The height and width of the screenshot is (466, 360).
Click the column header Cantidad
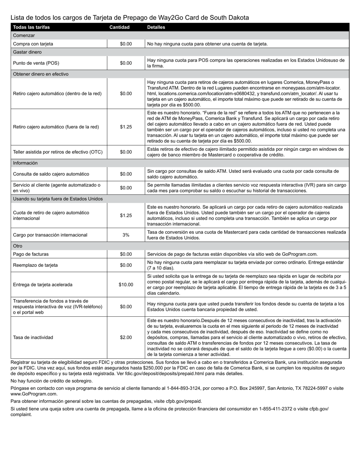(x=119, y=27)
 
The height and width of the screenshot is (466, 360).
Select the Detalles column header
(x=156, y=27)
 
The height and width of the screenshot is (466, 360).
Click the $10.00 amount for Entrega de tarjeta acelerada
(x=126, y=285)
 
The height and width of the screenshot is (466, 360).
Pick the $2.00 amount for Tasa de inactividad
(x=126, y=338)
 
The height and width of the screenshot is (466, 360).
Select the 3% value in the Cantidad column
(x=126, y=235)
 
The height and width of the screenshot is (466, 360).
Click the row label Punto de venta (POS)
(x=36, y=63)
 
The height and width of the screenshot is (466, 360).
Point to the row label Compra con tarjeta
(x=33, y=44)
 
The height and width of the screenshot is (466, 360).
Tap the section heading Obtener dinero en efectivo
(x=41, y=74)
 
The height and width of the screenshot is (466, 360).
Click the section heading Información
(x=25, y=163)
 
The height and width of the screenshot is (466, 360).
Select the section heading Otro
(x=18, y=246)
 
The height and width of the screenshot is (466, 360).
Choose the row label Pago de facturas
(x=31, y=254)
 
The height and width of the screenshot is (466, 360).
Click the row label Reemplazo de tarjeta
(x=35, y=265)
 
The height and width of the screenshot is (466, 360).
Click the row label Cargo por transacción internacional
(x=50, y=235)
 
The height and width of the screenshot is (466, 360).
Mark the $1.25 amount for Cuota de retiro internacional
(x=126, y=216)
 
